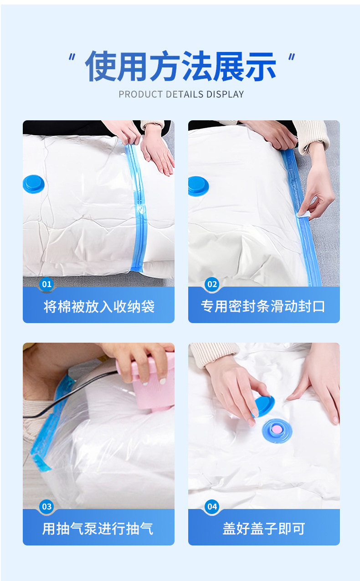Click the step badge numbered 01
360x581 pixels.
pyautogui.click(x=46, y=284)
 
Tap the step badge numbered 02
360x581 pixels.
pyautogui.click(x=212, y=284)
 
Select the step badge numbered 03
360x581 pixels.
pyautogui.click(x=46, y=507)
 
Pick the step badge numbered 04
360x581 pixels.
pyautogui.click(x=212, y=507)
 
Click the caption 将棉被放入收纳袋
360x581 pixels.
pyautogui.click(x=99, y=307)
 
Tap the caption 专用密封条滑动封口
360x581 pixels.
pyautogui.click(x=263, y=306)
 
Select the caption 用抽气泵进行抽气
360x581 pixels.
pyautogui.click(x=98, y=529)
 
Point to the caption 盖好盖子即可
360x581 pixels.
pyautogui.click(x=264, y=529)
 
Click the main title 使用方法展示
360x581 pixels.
pyautogui.click(x=180, y=66)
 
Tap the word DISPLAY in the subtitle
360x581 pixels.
pyautogui.click(x=225, y=94)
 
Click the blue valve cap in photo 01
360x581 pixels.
pyautogui.click(x=34, y=184)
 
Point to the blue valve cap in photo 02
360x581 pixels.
pyautogui.click(x=198, y=186)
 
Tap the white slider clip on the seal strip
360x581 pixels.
pyautogui.click(x=303, y=214)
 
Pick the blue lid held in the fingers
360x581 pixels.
pyautogui.click(x=263, y=406)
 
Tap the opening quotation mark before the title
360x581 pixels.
pyautogui.click(x=72, y=57)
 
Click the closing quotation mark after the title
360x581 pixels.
pyautogui.click(x=292, y=57)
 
